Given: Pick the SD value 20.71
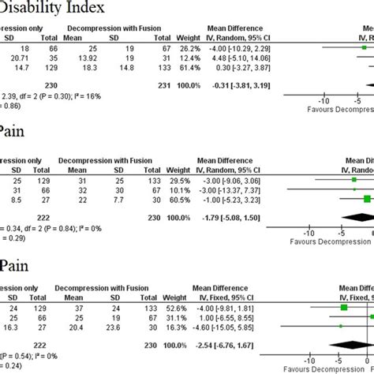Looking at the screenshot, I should point(18,58).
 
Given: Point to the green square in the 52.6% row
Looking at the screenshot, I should point(344,307).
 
